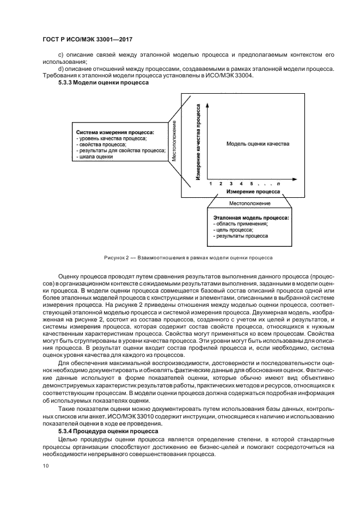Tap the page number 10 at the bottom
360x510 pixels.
(45, 466)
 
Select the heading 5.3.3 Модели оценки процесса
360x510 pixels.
(100, 82)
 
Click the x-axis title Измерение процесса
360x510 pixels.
(253, 192)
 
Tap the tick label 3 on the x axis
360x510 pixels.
(231, 184)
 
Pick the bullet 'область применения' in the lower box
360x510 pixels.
(242, 224)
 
